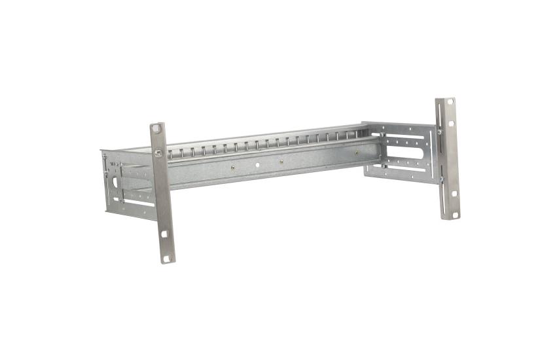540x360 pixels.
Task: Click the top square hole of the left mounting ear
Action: pos(155,128)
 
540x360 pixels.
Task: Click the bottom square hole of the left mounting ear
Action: pos(166,258)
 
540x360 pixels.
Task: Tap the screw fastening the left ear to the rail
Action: pos(158,154)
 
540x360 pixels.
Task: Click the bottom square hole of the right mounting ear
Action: pos(450,213)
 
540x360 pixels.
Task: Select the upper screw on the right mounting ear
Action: pos(439,132)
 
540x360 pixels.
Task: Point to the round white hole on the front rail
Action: pos(257,165)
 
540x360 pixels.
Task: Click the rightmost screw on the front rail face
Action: pos(357,154)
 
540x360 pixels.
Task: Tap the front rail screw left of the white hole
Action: pos(232,168)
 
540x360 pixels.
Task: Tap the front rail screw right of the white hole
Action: pos(281,162)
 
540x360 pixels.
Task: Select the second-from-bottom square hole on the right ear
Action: pos(450,196)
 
